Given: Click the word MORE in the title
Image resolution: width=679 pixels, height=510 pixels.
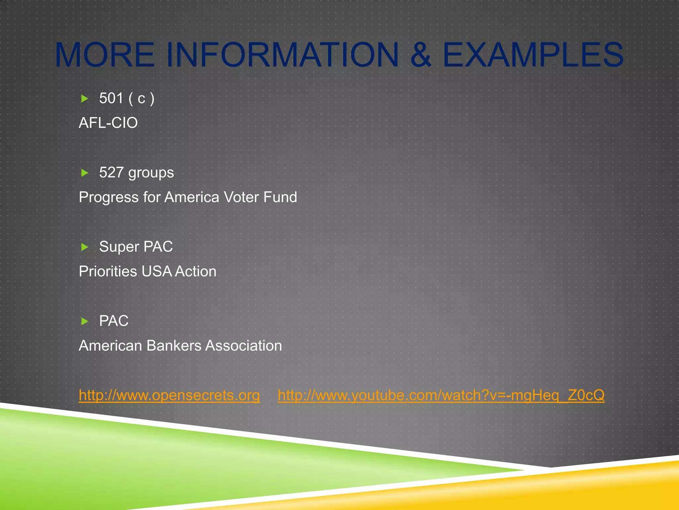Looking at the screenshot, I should [x=105, y=55].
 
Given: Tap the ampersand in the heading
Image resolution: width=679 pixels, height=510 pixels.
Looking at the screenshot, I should [x=420, y=55].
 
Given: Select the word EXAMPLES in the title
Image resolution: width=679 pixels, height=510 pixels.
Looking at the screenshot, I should [x=533, y=55].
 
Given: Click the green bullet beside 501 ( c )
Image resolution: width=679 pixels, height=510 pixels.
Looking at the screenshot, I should [x=85, y=99].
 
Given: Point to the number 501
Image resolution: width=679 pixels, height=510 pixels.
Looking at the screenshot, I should [x=111, y=98].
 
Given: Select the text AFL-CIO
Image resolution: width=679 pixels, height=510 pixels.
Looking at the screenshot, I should [x=108, y=123].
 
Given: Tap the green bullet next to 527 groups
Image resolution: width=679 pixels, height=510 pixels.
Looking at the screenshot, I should [x=85, y=173].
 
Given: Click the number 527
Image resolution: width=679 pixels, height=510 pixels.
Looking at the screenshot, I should [x=111, y=173].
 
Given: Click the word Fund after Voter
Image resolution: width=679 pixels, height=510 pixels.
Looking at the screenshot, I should [x=280, y=197].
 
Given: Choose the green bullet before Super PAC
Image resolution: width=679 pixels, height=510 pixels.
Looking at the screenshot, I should [x=85, y=247].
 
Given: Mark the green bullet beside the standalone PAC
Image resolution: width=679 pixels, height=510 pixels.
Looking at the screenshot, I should [x=85, y=321].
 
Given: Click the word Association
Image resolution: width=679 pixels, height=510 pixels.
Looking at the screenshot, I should [x=244, y=346].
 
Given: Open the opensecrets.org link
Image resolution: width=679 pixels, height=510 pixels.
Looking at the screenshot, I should [x=169, y=395].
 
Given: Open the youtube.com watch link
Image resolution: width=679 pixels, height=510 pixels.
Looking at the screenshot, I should [x=441, y=395].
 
